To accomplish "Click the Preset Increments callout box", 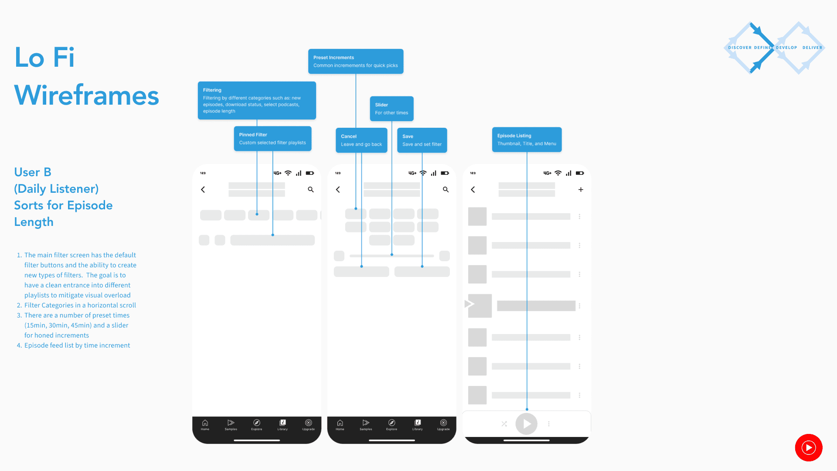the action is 355,61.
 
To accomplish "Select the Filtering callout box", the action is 257,100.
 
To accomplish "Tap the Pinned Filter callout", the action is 272,139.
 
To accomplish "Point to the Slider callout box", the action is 391,109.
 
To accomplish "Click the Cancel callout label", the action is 361,140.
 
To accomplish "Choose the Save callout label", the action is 422,140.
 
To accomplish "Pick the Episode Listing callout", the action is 527,140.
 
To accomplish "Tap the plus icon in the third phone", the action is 581,190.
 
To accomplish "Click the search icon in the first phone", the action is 311,190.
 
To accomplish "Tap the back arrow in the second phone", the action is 338,190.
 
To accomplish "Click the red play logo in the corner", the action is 809,447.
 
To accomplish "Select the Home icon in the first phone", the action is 205,424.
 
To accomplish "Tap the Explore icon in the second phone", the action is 391,424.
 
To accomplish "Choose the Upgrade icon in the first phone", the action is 308,424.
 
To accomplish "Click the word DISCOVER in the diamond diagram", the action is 740,48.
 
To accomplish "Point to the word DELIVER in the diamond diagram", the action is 812,48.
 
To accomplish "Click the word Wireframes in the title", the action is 87,96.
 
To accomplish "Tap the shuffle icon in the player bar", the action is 504,424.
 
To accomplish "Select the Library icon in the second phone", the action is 418,424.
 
